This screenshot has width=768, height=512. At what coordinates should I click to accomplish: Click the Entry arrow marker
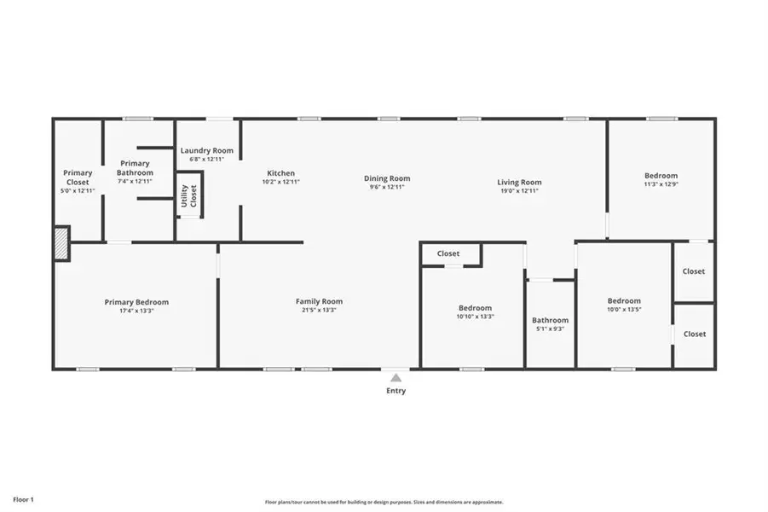(x=396, y=377)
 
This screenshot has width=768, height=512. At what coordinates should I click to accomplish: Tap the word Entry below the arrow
(x=396, y=391)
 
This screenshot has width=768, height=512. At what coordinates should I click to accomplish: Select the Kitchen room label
(x=280, y=172)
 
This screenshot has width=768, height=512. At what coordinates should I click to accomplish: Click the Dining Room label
(x=387, y=178)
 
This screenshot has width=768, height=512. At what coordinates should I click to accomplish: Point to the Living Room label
(x=519, y=182)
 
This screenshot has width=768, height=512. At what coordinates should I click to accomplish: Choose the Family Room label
(x=319, y=301)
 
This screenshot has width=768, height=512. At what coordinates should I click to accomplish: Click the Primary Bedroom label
(x=136, y=302)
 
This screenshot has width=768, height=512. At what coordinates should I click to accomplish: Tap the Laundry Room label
(x=206, y=150)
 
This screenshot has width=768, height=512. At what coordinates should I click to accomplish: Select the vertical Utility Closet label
(x=188, y=195)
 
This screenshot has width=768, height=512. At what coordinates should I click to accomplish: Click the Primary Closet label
(x=78, y=177)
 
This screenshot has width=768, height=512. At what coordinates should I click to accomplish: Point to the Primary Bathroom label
(x=135, y=168)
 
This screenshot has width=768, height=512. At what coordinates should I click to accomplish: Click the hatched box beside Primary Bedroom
(x=61, y=242)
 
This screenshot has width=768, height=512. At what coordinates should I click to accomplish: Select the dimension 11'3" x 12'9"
(x=661, y=184)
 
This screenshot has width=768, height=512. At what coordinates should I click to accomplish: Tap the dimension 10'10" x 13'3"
(x=475, y=317)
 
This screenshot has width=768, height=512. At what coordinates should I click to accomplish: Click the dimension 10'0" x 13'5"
(x=624, y=310)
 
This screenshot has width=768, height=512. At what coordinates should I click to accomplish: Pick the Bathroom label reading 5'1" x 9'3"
(x=550, y=329)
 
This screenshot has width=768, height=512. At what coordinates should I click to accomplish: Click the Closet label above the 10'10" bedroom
(x=448, y=253)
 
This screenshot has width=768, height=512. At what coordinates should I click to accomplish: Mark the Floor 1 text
(x=23, y=499)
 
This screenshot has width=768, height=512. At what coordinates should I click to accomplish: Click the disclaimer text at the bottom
(x=384, y=502)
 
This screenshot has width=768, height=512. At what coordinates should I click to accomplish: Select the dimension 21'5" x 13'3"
(x=319, y=310)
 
